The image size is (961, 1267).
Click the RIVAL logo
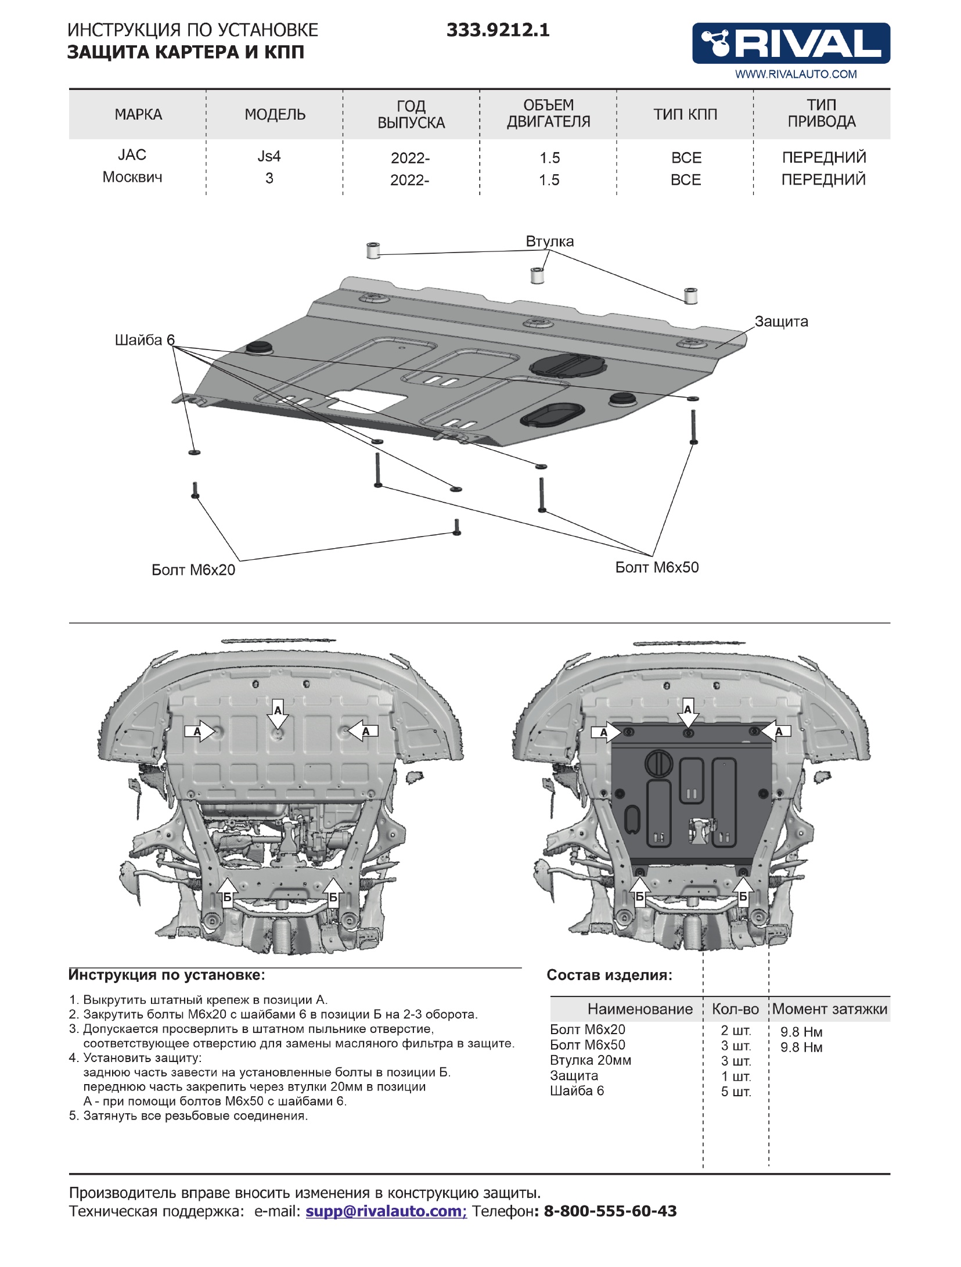[790, 44]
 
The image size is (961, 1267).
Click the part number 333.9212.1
[498, 30]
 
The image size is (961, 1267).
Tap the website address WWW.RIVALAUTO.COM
[796, 74]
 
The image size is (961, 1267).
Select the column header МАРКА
[138, 114]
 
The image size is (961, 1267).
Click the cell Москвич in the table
[132, 177]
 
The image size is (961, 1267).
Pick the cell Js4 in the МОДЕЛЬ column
[269, 156]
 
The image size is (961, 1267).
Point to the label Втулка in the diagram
[549, 242]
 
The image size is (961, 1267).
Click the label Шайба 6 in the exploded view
[144, 340]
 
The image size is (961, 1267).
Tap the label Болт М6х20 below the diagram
[193, 570]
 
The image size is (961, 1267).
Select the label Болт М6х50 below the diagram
[657, 567]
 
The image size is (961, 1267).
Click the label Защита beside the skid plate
[781, 322]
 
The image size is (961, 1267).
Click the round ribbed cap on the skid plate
[567, 364]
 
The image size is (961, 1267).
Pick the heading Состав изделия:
[609, 975]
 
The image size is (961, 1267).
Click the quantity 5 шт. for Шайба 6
[736, 1092]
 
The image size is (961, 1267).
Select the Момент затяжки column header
[830, 1009]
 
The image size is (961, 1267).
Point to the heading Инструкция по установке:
[167, 975]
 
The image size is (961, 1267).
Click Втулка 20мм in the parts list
[590, 1060]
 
